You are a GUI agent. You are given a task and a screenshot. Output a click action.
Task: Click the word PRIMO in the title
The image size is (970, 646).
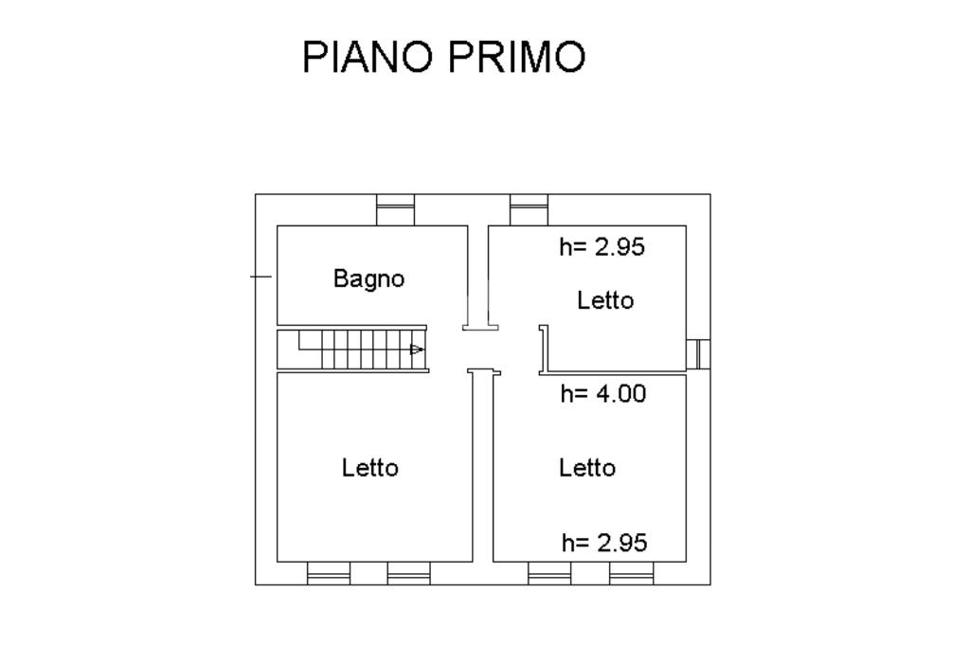(516, 57)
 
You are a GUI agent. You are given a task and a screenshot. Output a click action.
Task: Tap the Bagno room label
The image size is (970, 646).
(368, 279)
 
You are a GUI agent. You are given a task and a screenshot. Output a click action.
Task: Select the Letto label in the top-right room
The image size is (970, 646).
(604, 301)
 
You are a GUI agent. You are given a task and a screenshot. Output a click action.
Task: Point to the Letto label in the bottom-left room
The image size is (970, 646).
(370, 468)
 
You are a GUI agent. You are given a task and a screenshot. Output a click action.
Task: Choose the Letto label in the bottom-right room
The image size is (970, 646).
(586, 468)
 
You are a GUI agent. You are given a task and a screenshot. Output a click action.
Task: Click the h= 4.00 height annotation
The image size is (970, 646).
(603, 394)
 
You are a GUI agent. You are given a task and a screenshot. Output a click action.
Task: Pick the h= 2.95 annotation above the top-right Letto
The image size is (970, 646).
(602, 247)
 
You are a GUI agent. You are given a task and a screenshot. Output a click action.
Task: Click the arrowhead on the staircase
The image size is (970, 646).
(417, 350)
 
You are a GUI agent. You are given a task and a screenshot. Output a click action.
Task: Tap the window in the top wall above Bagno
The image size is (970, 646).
(395, 209)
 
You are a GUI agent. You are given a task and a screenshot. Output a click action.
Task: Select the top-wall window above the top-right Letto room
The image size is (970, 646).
(529, 209)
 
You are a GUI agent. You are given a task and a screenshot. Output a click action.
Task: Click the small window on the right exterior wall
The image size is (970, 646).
(698, 353)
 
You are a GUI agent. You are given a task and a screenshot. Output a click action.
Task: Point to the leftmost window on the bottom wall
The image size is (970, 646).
(329, 573)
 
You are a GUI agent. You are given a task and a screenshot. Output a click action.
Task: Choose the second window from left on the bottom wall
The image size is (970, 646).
(408, 573)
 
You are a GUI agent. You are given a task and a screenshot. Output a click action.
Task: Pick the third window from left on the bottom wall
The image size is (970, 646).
(549, 573)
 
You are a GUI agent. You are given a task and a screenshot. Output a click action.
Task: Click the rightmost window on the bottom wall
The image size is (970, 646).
(631, 573)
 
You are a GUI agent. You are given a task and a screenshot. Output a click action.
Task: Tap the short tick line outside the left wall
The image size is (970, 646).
(260, 277)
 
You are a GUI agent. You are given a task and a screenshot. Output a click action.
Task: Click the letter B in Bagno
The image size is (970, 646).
(339, 278)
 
